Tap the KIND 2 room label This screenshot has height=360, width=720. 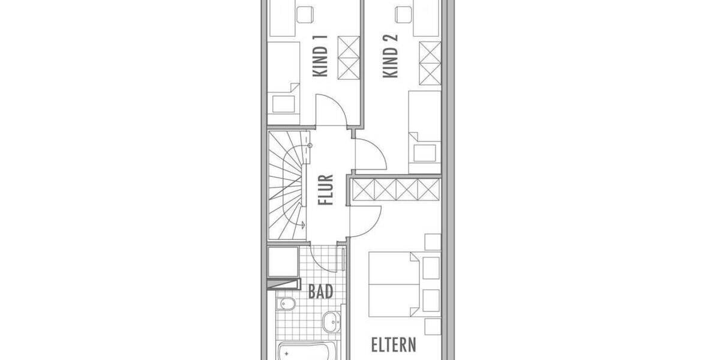pyautogui.click(x=390, y=56)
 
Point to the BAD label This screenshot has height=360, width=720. pyautogui.click(x=320, y=292)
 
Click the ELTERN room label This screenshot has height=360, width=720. pyautogui.click(x=393, y=345)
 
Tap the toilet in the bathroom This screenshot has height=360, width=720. pyautogui.click(x=284, y=304)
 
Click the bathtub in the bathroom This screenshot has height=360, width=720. pyautogui.click(x=306, y=351)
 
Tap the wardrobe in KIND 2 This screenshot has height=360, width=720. pyautogui.click(x=430, y=63)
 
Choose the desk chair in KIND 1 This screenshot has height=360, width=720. pyautogui.click(x=307, y=11)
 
